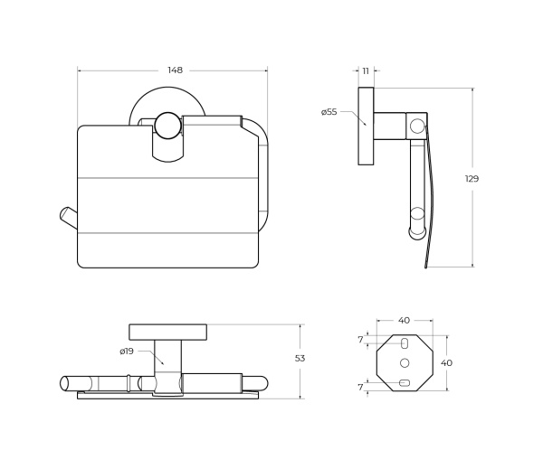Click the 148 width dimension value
(175, 70)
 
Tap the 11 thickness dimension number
(366, 70)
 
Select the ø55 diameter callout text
(329, 112)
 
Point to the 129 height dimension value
(472, 179)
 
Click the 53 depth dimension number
(300, 359)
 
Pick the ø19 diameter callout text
(127, 352)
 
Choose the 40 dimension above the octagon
(404, 321)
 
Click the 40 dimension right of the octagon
(446, 362)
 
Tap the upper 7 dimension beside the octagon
(360, 340)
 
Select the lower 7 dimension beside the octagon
(360, 387)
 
